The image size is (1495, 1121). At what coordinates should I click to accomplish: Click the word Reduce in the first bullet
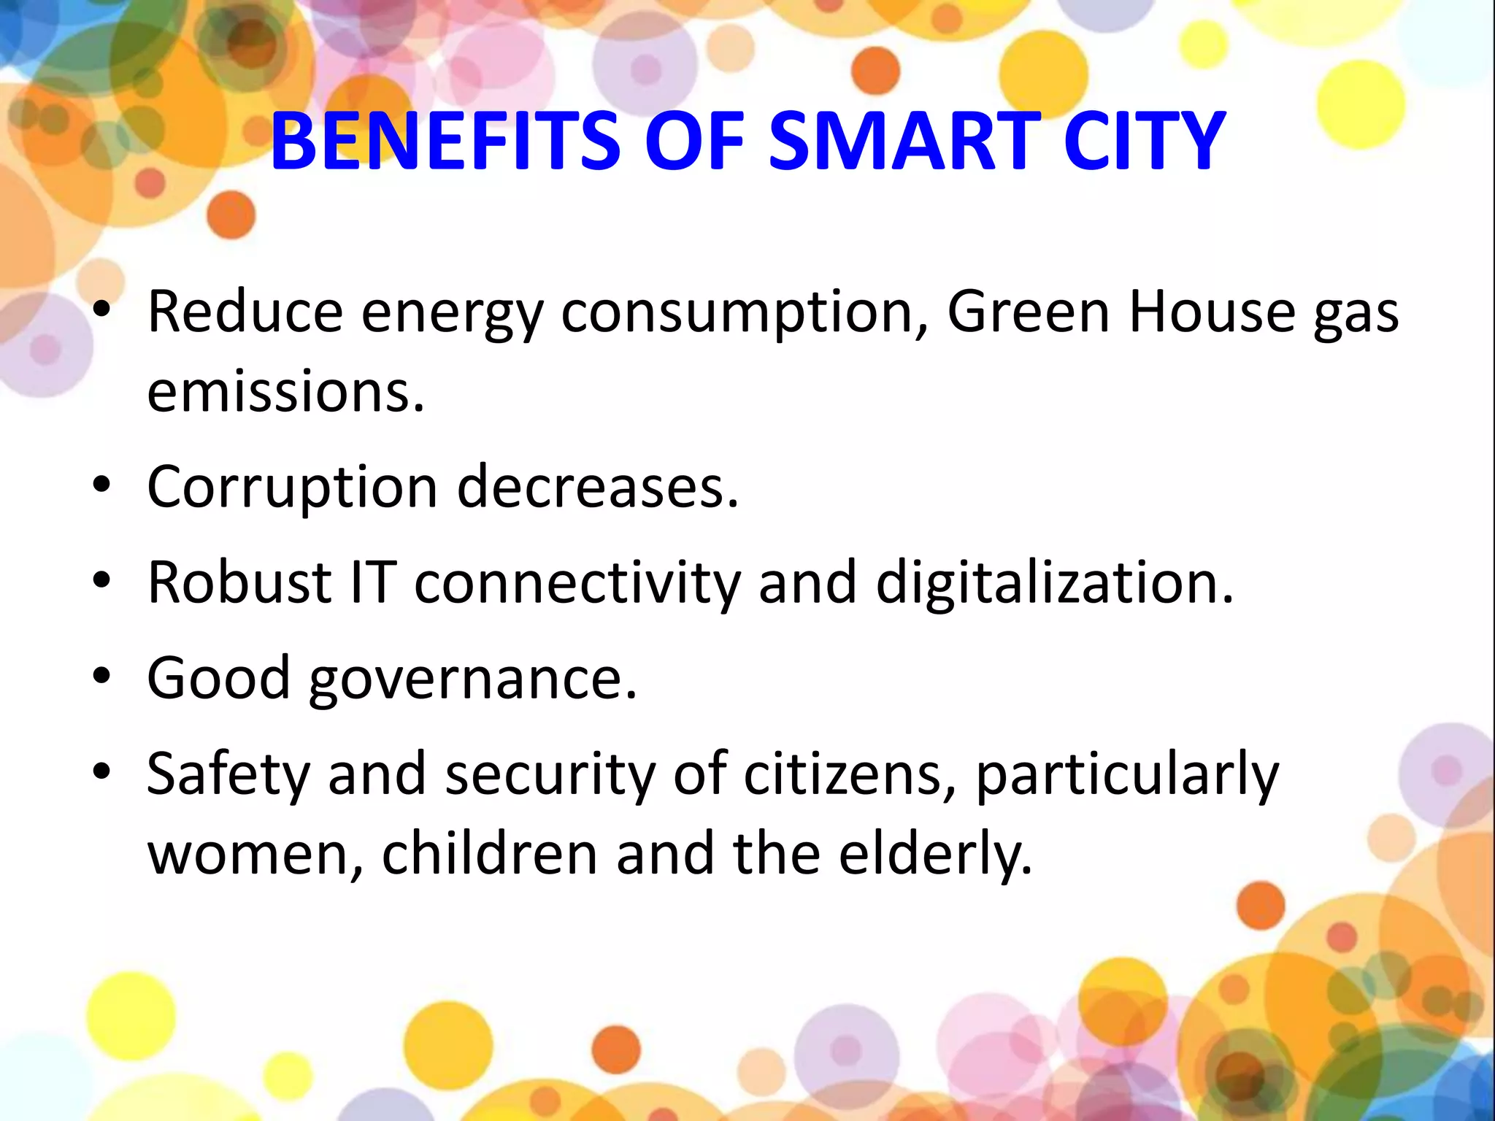245,312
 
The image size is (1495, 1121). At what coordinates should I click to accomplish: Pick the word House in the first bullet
1211,312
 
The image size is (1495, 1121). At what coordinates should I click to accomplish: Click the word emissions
285,392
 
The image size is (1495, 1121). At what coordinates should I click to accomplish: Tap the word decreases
598,487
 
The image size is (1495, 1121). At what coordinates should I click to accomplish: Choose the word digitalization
1054,584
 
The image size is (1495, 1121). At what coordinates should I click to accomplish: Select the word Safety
228,775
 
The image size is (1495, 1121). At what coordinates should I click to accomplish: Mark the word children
489,854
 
